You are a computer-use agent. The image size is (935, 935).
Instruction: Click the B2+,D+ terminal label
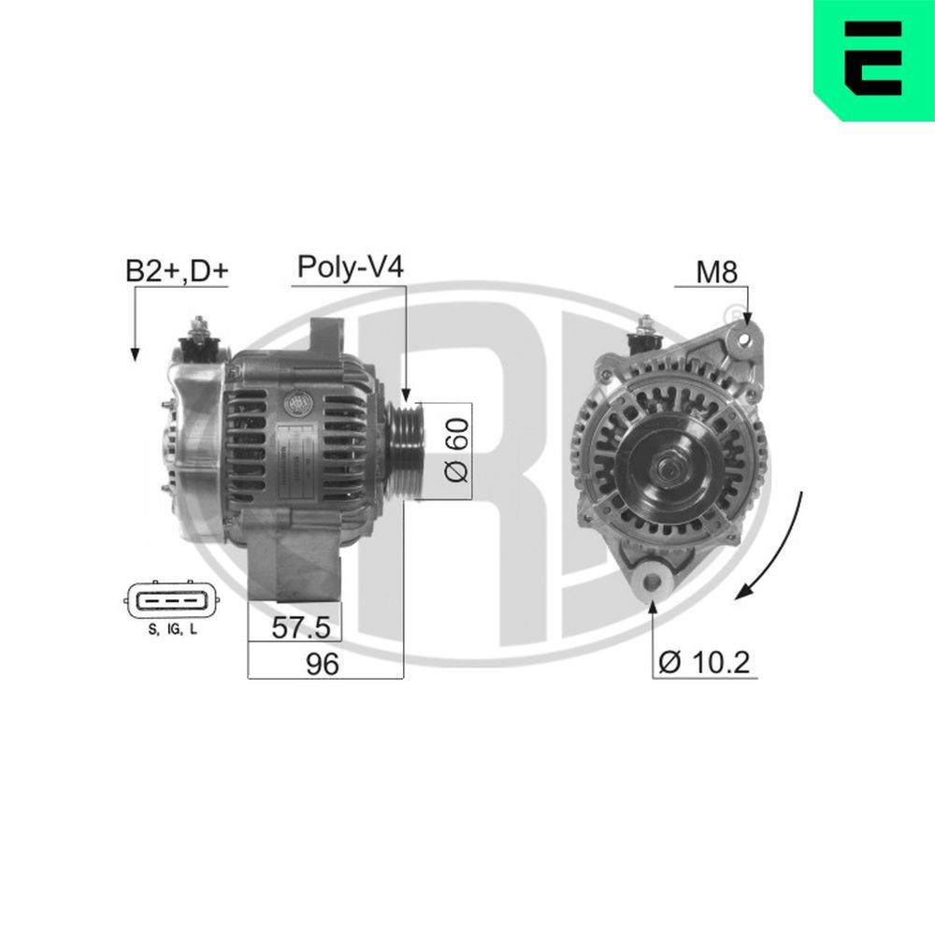point(177,272)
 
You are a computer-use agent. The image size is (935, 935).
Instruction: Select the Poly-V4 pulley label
point(350,267)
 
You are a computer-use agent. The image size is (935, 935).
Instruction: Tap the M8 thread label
point(717,272)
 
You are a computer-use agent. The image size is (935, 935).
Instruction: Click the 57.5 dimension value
point(295,626)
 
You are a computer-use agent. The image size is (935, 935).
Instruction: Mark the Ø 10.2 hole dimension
point(704,663)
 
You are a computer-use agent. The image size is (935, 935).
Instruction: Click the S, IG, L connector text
point(173,631)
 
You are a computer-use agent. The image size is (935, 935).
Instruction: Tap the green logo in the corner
point(874,59)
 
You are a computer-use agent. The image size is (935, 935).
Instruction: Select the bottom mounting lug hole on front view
point(652,582)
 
